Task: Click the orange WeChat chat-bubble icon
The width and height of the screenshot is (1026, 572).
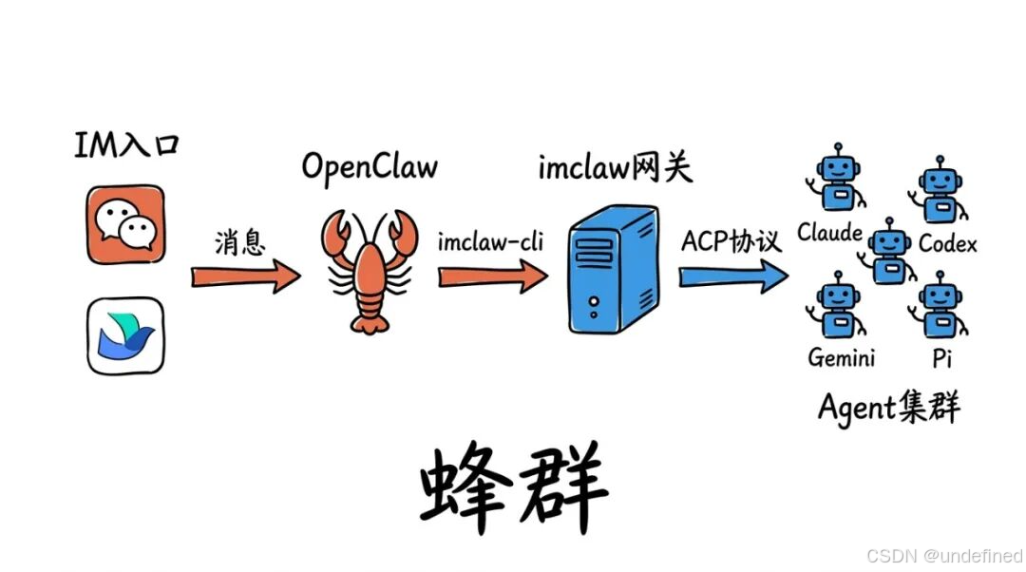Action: (x=125, y=224)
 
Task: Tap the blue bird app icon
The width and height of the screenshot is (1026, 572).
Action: (x=125, y=335)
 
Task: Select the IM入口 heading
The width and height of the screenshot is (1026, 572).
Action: (x=126, y=145)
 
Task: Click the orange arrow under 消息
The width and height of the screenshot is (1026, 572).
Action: (x=245, y=276)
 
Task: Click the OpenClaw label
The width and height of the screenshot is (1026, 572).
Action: (x=370, y=167)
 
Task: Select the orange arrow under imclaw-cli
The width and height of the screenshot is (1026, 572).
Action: (x=492, y=276)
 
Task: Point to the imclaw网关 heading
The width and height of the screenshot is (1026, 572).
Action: (x=616, y=168)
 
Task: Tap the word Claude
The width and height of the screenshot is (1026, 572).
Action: (x=829, y=233)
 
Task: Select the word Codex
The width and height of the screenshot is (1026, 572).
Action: (x=947, y=244)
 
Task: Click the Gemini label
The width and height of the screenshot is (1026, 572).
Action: (x=841, y=357)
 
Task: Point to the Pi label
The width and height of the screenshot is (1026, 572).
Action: (x=941, y=357)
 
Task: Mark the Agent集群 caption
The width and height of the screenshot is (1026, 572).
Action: (x=888, y=409)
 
